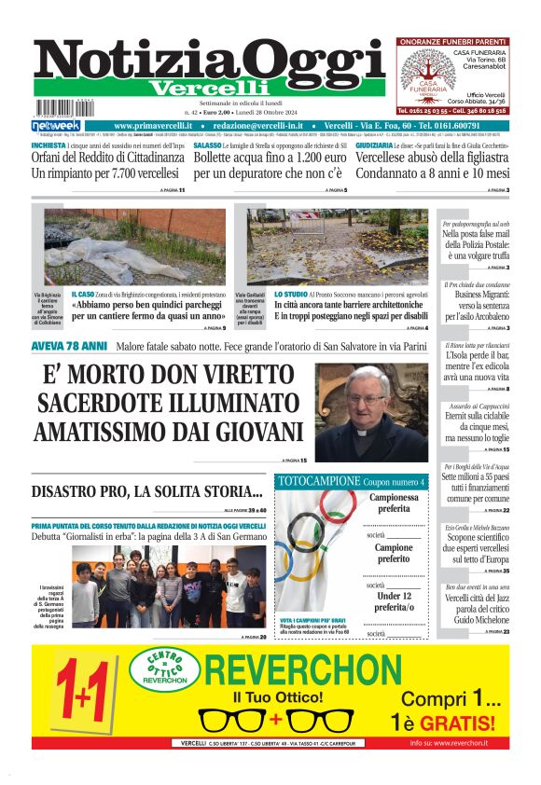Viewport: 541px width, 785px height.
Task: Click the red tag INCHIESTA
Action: coord(49,146)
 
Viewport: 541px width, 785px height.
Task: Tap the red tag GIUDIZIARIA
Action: coord(374,146)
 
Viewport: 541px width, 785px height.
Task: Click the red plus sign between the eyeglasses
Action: coord(275,720)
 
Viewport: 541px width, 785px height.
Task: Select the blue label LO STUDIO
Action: coord(291,294)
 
